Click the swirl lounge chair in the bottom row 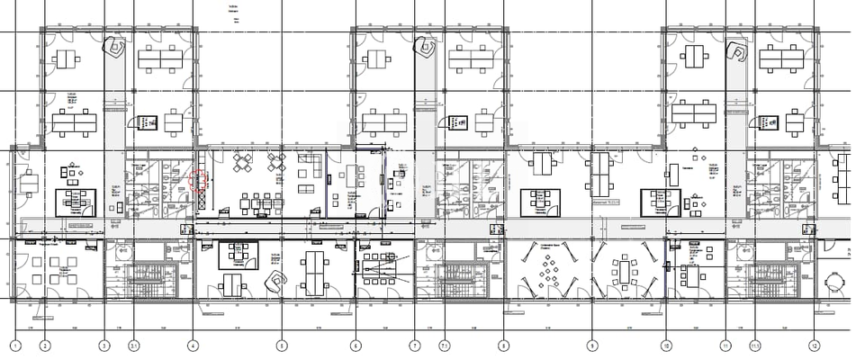[273, 282]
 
